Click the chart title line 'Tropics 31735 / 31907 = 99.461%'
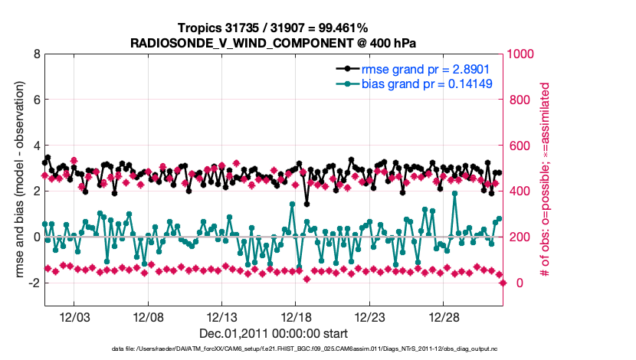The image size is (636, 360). click(273, 28)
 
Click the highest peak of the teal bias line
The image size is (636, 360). click(455, 194)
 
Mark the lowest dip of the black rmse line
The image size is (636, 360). click(307, 204)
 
